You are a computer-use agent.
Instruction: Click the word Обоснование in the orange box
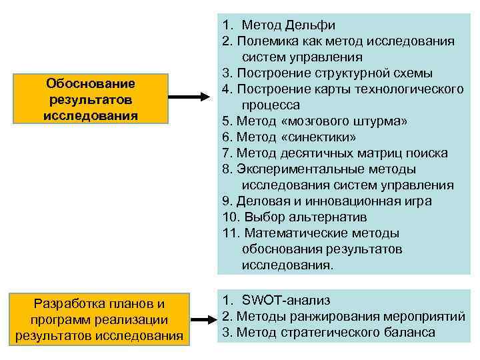click(x=91, y=84)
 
